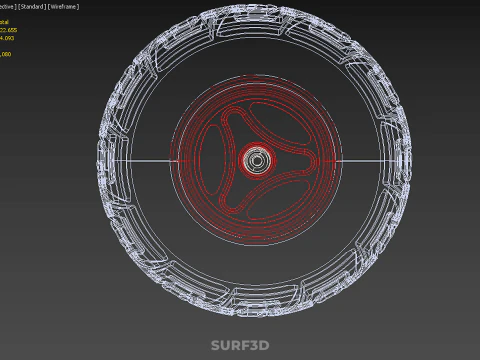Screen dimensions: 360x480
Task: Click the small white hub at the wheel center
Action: [x=257, y=159]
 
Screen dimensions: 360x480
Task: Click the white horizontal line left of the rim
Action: [x=145, y=160]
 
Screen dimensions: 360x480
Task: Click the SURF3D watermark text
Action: [x=240, y=346]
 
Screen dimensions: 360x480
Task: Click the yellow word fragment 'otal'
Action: [x=5, y=21]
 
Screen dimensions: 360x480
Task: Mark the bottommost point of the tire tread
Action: [x=257, y=313]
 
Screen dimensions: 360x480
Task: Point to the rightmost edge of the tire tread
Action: [x=411, y=160]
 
